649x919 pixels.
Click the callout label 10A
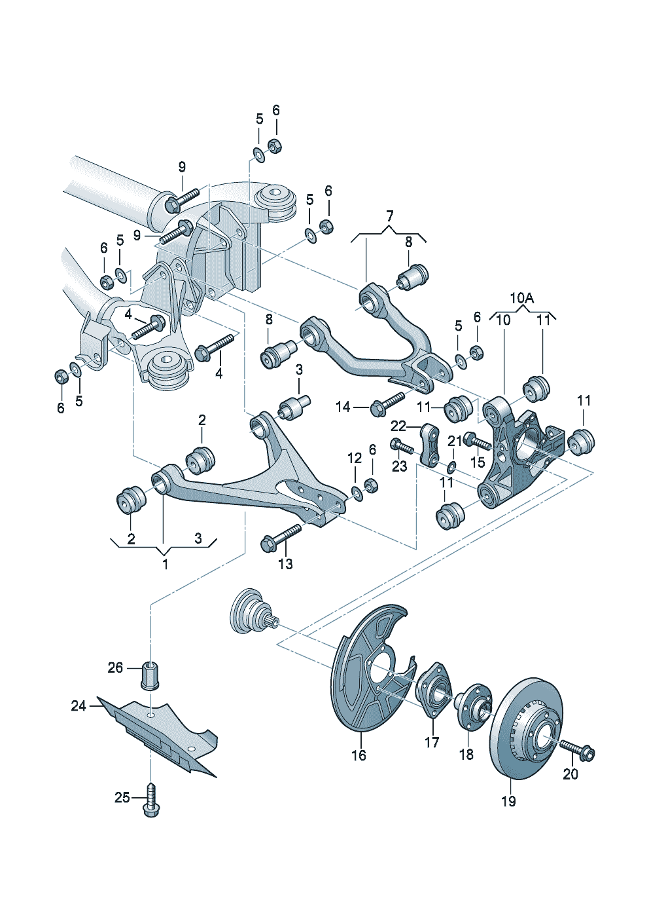521,298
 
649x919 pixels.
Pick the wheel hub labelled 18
472,705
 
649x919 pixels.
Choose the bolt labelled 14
387,403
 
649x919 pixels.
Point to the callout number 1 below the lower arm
165,564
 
